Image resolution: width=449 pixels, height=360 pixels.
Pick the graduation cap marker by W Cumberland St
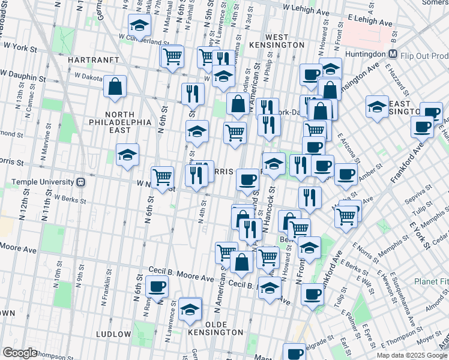click(x=139, y=26)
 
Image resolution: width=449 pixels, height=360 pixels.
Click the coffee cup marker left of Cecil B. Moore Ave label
click(x=157, y=287)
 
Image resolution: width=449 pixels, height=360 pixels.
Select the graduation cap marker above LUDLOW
click(x=190, y=309)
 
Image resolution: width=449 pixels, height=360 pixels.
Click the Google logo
click(x=20, y=353)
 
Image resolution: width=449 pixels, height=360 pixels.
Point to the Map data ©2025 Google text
click(x=412, y=355)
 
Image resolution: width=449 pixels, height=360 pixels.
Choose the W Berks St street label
click(x=67, y=197)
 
